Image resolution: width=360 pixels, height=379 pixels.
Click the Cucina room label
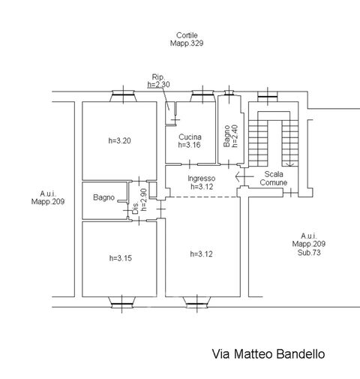pyautogui.click(x=190, y=137)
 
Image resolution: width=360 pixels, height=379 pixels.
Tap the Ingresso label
pyautogui.click(x=201, y=179)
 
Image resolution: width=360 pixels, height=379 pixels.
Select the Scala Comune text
pyautogui.click(x=274, y=178)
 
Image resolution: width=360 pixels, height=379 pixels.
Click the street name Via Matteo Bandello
pyautogui.click(x=268, y=354)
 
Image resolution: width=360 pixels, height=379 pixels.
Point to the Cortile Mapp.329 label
pyautogui.click(x=187, y=39)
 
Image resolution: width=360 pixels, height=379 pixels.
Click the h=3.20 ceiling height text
pyautogui.click(x=119, y=140)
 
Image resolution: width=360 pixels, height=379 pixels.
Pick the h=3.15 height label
pyautogui.click(x=121, y=258)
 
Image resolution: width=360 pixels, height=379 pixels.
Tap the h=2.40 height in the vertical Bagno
pyautogui.click(x=235, y=136)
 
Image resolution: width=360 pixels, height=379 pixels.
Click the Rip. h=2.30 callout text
pyautogui.click(x=158, y=80)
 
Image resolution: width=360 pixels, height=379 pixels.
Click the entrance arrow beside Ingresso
pyautogui.click(x=244, y=176)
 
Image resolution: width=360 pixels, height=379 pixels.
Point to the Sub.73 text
pyautogui.click(x=309, y=252)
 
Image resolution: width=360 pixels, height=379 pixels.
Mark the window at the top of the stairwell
pyautogui.click(x=268, y=95)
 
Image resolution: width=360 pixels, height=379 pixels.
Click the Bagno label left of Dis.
pyautogui.click(x=103, y=197)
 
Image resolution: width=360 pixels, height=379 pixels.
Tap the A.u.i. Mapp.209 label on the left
pyautogui.click(x=48, y=197)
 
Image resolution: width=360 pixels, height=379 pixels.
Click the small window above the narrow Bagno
pyautogui.click(x=229, y=93)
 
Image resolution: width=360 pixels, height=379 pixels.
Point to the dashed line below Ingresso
pyautogui.click(x=203, y=197)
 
